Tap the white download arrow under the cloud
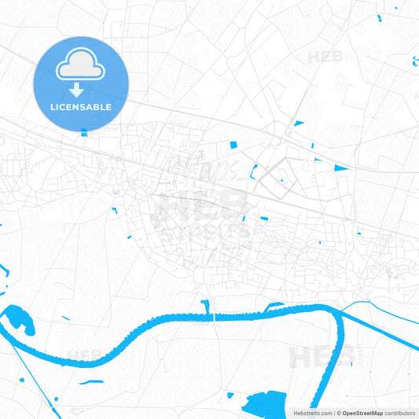[x=81, y=89]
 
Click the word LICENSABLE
[x=81, y=107]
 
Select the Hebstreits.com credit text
[x=311, y=413]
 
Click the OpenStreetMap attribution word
[x=362, y=413]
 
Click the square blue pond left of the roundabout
[x=233, y=145]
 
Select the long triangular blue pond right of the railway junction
[x=340, y=167]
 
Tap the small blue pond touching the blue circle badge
[x=84, y=133]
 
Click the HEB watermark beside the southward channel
[x=309, y=358]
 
